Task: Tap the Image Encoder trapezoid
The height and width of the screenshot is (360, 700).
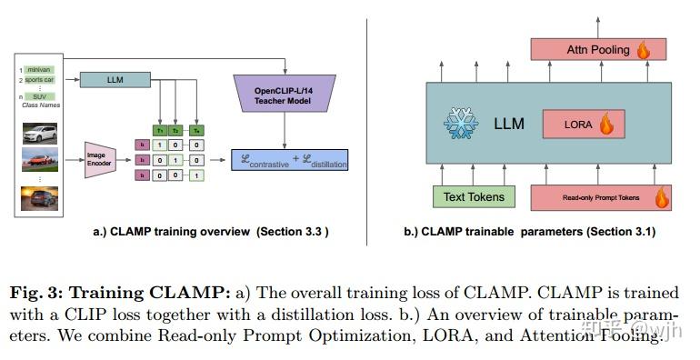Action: click(104, 160)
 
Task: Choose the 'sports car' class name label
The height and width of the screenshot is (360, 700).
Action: click(43, 80)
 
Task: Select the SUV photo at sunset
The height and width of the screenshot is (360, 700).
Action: click(39, 198)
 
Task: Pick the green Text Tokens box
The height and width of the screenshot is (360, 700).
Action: click(473, 195)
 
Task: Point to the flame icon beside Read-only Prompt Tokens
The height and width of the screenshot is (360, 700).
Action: click(663, 195)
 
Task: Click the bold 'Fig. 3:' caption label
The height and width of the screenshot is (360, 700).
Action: click(36, 292)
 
